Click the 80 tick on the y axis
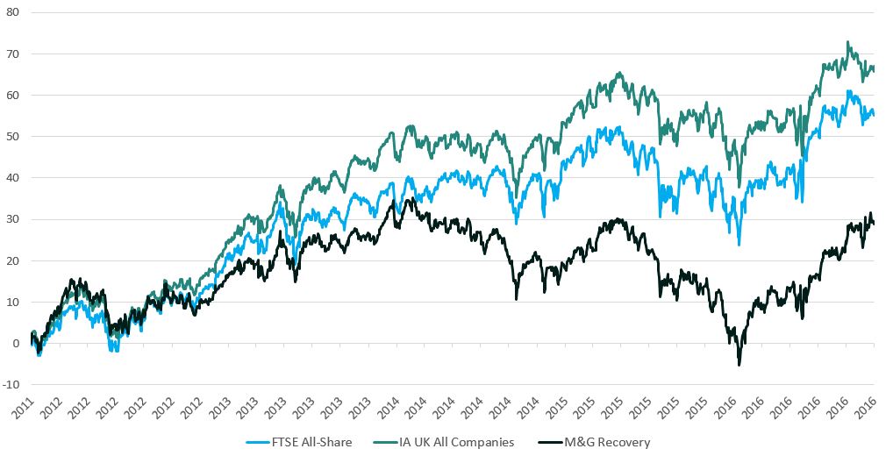pos(14,12)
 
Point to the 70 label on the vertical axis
pos(14,53)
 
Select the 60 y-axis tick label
pos(14,95)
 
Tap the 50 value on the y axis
pos(14,136)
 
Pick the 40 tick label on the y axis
pos(14,177)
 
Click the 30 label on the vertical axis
pos(14,219)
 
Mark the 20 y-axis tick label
pos(14,260)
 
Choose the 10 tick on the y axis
pos(14,302)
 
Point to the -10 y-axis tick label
pos(12,384)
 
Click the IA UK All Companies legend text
pos(463,442)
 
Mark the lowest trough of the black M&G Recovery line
pos(739,364)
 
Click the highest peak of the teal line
pos(847,42)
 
